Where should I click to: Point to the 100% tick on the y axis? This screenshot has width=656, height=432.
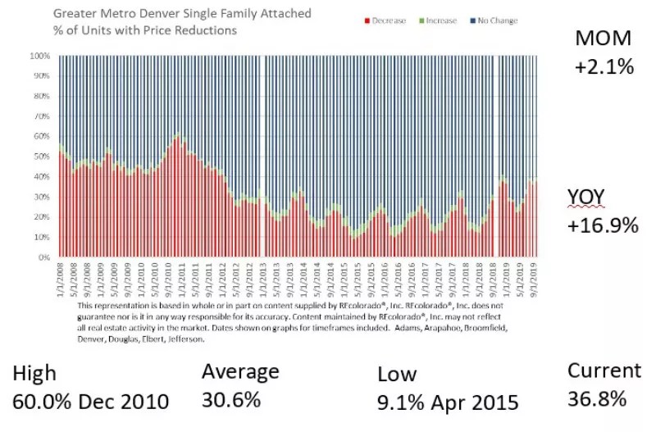pyautogui.click(x=41, y=57)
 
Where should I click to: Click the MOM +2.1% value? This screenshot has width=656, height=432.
pyautogui.click(x=604, y=66)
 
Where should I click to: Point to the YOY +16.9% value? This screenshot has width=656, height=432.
pyautogui.click(x=603, y=225)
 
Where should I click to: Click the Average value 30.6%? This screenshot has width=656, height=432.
pyautogui.click(x=230, y=400)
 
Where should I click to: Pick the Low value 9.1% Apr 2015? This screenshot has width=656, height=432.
pyautogui.click(x=448, y=402)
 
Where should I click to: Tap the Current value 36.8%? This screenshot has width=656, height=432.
pyautogui.click(x=596, y=399)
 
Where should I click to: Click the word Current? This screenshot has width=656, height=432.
pyautogui.click(x=604, y=371)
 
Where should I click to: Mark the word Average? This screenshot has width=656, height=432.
pyautogui.click(x=239, y=371)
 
